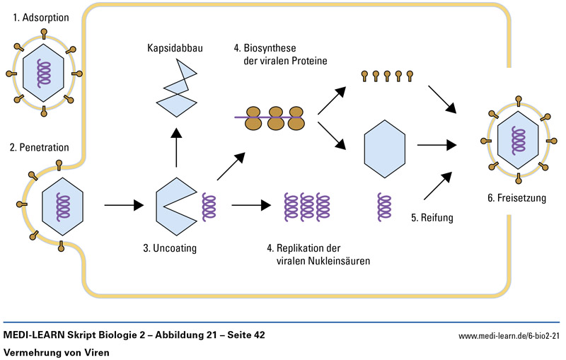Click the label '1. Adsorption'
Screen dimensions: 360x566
pos(41,16)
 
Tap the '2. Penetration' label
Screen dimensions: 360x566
pos(40,148)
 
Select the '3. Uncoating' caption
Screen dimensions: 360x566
pos(170,248)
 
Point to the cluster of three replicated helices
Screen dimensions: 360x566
pos(307,207)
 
